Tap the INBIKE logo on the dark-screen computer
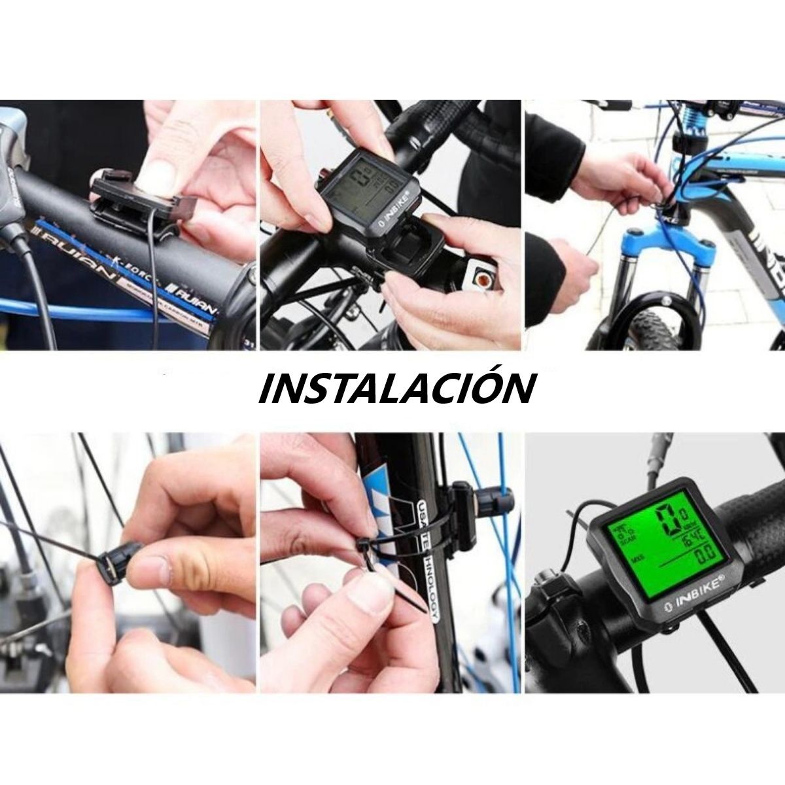392,211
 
